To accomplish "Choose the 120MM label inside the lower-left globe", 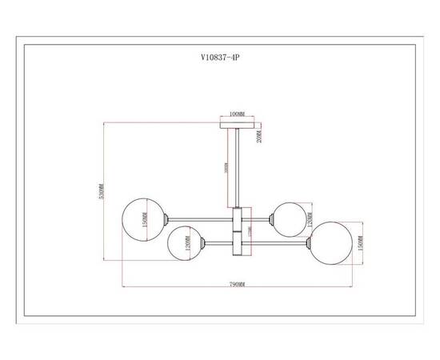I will point(186,242).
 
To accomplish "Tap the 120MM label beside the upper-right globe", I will point(309,214).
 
